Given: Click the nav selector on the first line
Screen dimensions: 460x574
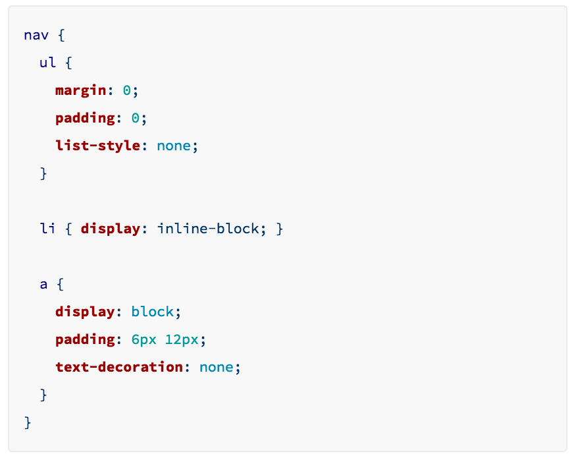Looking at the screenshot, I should (36, 35).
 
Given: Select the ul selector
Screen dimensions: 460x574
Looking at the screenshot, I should (48, 63).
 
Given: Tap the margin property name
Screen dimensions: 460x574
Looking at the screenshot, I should (80, 90).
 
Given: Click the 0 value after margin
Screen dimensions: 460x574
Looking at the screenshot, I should (126, 90).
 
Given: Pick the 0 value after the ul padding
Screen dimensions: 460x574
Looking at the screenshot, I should (135, 118).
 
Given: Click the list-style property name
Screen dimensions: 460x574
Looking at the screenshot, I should (97, 146).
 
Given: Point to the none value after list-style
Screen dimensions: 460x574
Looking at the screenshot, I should (174, 146).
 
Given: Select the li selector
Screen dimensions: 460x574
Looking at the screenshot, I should (48, 229).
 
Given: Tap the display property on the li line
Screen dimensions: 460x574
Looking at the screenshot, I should (110, 229).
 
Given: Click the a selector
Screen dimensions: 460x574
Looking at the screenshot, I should (44, 285).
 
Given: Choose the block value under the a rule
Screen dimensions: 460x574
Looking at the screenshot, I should (152, 312).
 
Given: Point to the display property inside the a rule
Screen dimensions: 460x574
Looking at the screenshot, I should (85, 312).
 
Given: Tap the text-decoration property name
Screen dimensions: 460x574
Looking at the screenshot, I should (118, 367).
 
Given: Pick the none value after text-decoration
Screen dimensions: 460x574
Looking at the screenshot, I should (216, 367).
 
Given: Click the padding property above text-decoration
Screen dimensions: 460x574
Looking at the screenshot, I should (85, 339).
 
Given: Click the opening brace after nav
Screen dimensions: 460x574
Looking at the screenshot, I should (61, 35).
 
